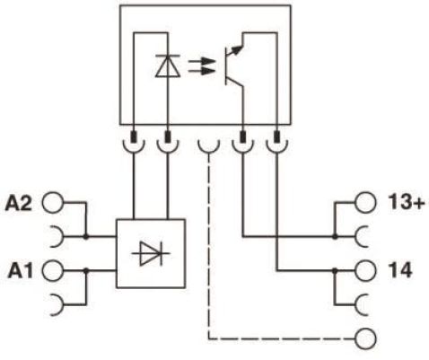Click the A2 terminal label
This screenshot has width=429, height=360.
click(18, 203)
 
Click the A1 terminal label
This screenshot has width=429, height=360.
click(20, 270)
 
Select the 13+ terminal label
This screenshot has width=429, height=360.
click(407, 202)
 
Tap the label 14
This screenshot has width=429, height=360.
click(399, 270)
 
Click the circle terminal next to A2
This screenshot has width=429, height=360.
click(53, 203)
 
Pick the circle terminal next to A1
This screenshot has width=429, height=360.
click(53, 271)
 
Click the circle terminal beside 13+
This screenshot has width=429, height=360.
click(365, 203)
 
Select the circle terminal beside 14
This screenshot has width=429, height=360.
click(365, 270)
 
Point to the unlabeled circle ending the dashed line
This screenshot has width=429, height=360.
click(365, 338)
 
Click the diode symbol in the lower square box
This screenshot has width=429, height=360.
click(151, 254)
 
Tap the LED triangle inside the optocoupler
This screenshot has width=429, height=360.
click(168, 66)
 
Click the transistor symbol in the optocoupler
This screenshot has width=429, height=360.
click(234, 66)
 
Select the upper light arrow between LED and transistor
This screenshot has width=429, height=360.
click(202, 63)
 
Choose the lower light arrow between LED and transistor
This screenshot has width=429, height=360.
click(202, 72)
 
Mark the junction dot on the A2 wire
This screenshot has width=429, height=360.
click(86, 237)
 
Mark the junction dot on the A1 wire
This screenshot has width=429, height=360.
click(86, 270)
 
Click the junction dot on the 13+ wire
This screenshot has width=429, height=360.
click(335, 237)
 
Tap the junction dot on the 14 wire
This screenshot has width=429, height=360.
click(335, 270)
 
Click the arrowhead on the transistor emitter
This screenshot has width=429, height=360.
click(237, 50)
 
